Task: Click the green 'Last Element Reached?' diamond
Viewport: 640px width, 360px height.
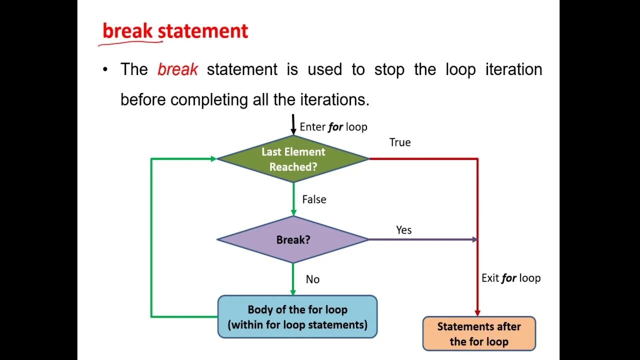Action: (293, 159)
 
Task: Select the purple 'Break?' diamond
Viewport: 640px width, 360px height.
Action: (293, 239)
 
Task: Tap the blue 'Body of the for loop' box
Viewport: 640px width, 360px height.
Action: (297, 316)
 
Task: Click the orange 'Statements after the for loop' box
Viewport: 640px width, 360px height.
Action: (479, 333)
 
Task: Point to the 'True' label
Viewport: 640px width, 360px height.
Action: (400, 142)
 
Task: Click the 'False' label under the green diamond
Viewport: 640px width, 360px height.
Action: (314, 199)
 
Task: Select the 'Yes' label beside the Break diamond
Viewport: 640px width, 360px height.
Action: (404, 230)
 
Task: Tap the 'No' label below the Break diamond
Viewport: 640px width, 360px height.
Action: (312, 279)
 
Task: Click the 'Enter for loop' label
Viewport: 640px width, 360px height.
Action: (333, 127)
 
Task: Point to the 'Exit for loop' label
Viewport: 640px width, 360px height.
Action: (511, 278)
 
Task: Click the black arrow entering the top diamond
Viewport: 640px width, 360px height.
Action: (293, 124)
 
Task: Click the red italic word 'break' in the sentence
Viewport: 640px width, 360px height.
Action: (178, 69)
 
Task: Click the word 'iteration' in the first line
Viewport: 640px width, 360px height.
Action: (513, 69)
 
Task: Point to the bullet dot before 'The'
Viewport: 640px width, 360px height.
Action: (105, 69)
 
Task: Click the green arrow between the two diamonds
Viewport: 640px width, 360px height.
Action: (293, 199)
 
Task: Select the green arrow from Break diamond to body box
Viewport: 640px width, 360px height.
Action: (293, 279)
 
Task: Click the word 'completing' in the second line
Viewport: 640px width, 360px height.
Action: (210, 99)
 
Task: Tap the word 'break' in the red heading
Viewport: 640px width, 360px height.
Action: (128, 31)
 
